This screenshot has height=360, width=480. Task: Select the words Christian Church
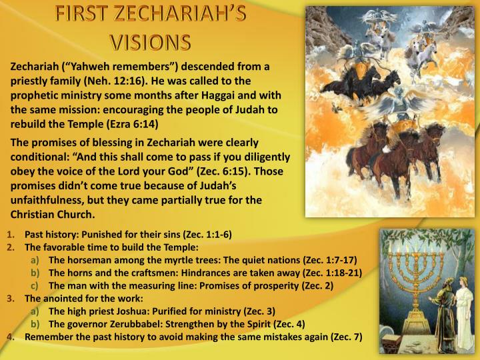(x=53, y=214)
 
